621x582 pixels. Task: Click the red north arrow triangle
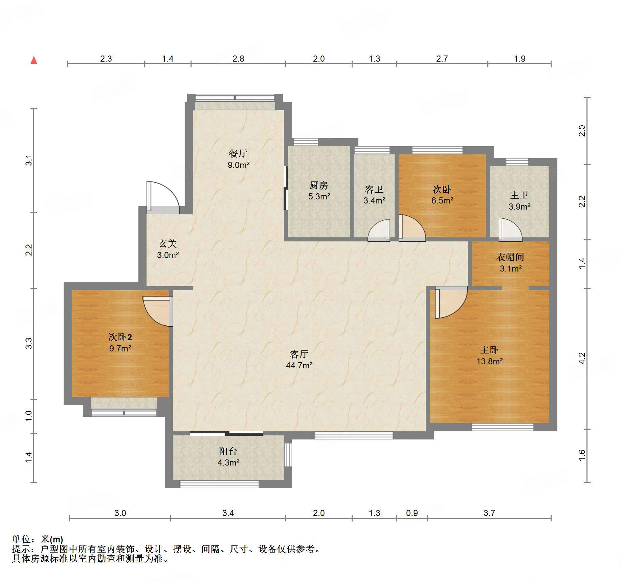[x=34, y=60]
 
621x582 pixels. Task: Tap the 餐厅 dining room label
[x=238, y=153]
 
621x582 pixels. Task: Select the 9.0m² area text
[x=239, y=165]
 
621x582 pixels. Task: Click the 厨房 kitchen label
[x=319, y=185]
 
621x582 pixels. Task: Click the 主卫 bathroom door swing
[x=510, y=230]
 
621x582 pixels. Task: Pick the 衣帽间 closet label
[x=510, y=257]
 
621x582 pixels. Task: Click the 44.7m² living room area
[x=299, y=365]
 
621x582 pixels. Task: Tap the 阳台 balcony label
[x=228, y=451]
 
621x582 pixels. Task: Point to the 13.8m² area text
[x=490, y=361]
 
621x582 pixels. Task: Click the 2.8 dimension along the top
[x=238, y=59]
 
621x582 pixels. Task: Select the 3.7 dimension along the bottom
[x=489, y=513]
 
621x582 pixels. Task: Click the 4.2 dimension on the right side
[x=582, y=358]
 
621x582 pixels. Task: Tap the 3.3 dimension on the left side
[x=29, y=343]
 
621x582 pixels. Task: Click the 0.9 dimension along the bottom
[x=412, y=513]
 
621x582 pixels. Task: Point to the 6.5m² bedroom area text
[x=442, y=200]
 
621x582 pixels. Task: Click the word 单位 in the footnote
[x=21, y=539]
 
